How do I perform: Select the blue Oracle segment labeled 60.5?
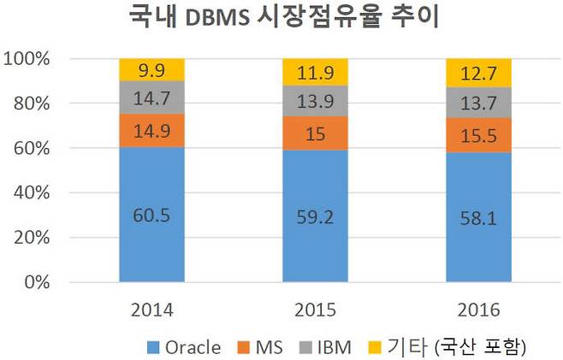click(x=151, y=215)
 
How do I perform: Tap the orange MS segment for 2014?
click(x=151, y=131)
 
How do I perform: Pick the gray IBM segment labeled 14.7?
click(x=151, y=97)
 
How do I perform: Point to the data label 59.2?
click(x=315, y=217)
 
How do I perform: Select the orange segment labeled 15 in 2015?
click(x=315, y=133)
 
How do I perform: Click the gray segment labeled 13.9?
click(x=315, y=100)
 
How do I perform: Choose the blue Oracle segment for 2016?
click(x=478, y=219)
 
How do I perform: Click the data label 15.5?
click(x=478, y=133)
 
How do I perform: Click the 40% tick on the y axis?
click(x=29, y=192)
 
